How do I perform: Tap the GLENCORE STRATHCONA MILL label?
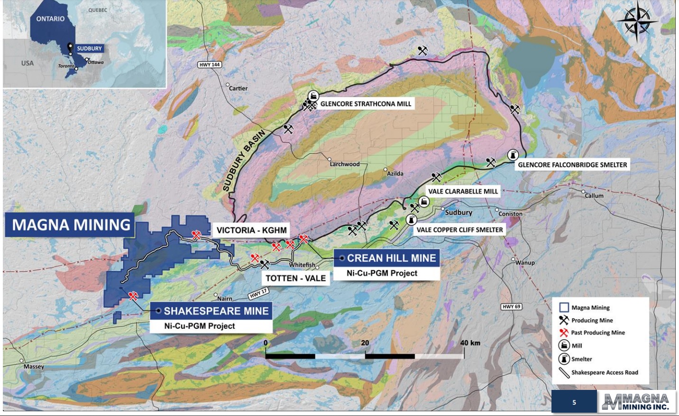coord(366,104)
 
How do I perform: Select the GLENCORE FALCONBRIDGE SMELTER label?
coord(572,165)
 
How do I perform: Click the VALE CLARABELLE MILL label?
coord(463,191)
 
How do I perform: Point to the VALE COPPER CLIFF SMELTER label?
coord(459,230)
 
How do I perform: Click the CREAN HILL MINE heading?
coord(391,258)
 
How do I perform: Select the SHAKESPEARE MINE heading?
coord(216,311)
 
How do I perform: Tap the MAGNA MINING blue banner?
coord(71,225)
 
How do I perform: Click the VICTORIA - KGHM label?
coord(251,231)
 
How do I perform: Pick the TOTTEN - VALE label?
coord(295,278)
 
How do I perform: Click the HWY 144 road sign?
coord(210,65)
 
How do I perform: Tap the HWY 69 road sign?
coord(512,306)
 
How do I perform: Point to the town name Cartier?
coord(238,88)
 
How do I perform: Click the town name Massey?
coord(34,367)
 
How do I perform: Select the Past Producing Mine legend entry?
coord(597,333)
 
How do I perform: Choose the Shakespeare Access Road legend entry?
coord(604,372)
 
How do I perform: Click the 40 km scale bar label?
coord(470,343)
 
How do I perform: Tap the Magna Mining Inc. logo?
coord(636,402)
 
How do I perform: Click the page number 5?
coord(574,402)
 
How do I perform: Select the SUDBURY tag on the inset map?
coord(89,48)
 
